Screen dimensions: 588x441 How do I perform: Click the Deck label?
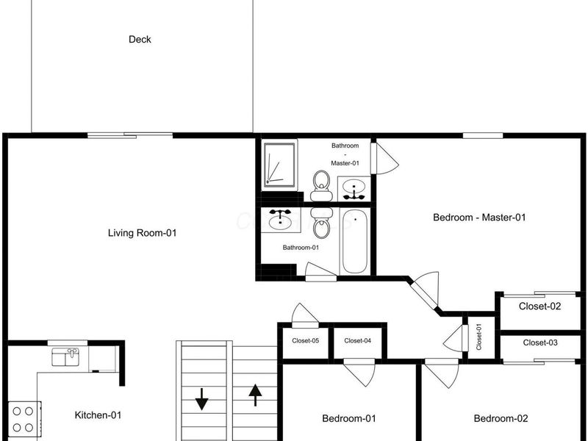[x=140, y=40]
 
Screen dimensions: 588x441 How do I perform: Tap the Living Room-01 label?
[x=142, y=233]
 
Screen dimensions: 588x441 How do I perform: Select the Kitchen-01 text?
[x=98, y=415]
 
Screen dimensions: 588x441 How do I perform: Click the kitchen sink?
[x=65, y=356]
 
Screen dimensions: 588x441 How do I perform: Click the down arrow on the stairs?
[x=201, y=399]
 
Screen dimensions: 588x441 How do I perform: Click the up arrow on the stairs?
[x=255, y=395]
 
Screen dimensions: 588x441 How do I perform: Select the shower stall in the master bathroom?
[x=279, y=164]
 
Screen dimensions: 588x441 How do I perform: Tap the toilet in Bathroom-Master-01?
[x=321, y=185]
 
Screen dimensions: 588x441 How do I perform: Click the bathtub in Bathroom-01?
[x=355, y=242]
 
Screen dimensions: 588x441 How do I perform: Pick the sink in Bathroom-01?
[x=280, y=219]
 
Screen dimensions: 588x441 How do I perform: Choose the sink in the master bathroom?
[x=354, y=189]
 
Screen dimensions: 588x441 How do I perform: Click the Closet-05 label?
[x=306, y=341]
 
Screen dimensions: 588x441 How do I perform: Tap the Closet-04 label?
[x=358, y=341]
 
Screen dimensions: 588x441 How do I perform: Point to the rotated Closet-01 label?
[x=479, y=337]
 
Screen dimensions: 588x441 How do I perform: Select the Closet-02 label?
[x=540, y=306]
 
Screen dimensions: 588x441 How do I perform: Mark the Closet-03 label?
[x=540, y=343]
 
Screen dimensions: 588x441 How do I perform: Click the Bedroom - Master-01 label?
[x=479, y=218]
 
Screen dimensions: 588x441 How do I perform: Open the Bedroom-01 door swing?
[x=359, y=372]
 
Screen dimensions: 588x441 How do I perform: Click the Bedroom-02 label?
[x=501, y=418]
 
